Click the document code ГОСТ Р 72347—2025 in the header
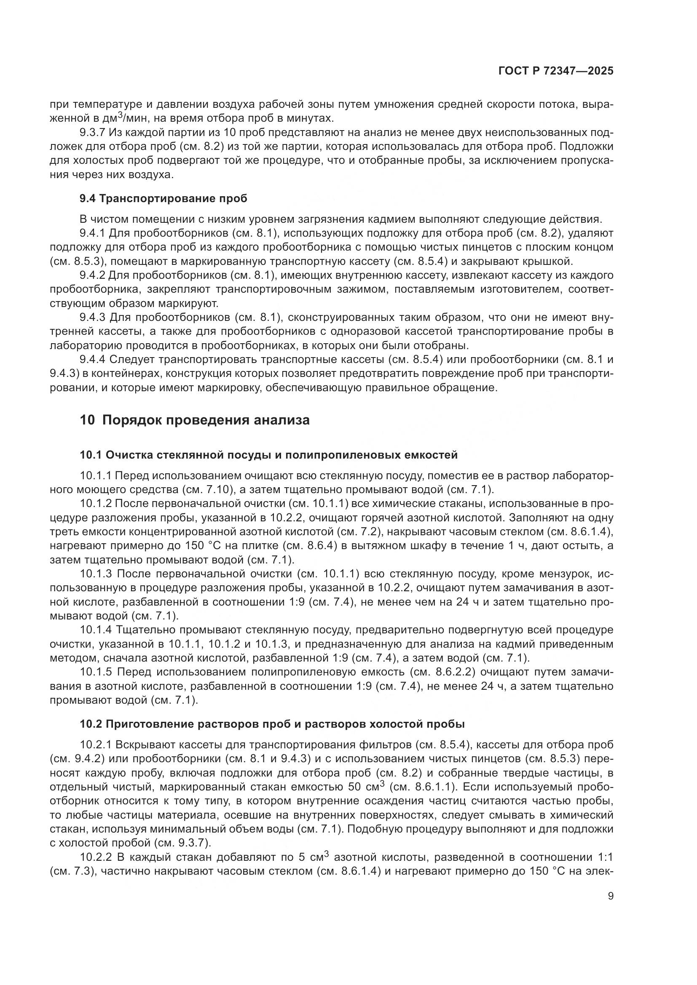point(556,71)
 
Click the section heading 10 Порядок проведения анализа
point(194,420)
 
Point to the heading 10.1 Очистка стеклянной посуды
point(268,455)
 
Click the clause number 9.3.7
point(94,133)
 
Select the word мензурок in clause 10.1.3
point(558,574)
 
